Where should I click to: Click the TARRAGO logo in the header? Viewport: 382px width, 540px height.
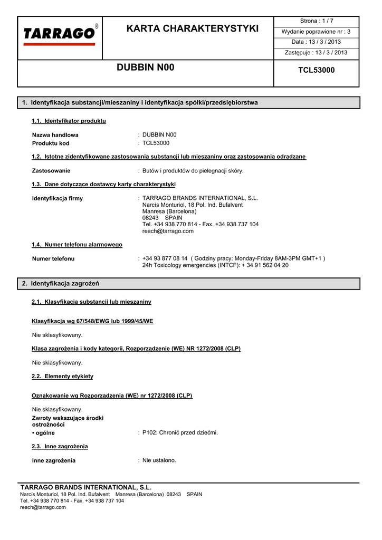click(60, 34)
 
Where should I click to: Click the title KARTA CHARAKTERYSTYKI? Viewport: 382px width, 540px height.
click(193, 28)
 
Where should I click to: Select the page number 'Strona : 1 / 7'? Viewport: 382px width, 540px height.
click(317, 21)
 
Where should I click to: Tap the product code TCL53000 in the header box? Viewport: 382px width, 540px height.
click(317, 70)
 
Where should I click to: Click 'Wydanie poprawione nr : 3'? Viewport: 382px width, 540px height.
click(317, 32)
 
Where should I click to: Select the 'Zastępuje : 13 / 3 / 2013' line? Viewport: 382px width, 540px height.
click(317, 53)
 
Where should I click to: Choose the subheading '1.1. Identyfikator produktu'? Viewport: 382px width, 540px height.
click(69, 121)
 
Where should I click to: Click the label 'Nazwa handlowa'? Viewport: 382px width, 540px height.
click(55, 135)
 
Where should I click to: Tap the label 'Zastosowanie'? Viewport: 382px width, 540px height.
click(51, 171)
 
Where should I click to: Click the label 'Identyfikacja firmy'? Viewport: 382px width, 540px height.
click(58, 199)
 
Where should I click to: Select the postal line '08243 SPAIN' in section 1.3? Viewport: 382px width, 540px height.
click(162, 218)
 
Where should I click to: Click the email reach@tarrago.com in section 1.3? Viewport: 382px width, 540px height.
click(168, 231)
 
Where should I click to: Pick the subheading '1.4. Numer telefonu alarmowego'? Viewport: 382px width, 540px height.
click(77, 245)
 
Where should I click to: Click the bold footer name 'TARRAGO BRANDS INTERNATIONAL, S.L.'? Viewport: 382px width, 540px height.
click(85, 487)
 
